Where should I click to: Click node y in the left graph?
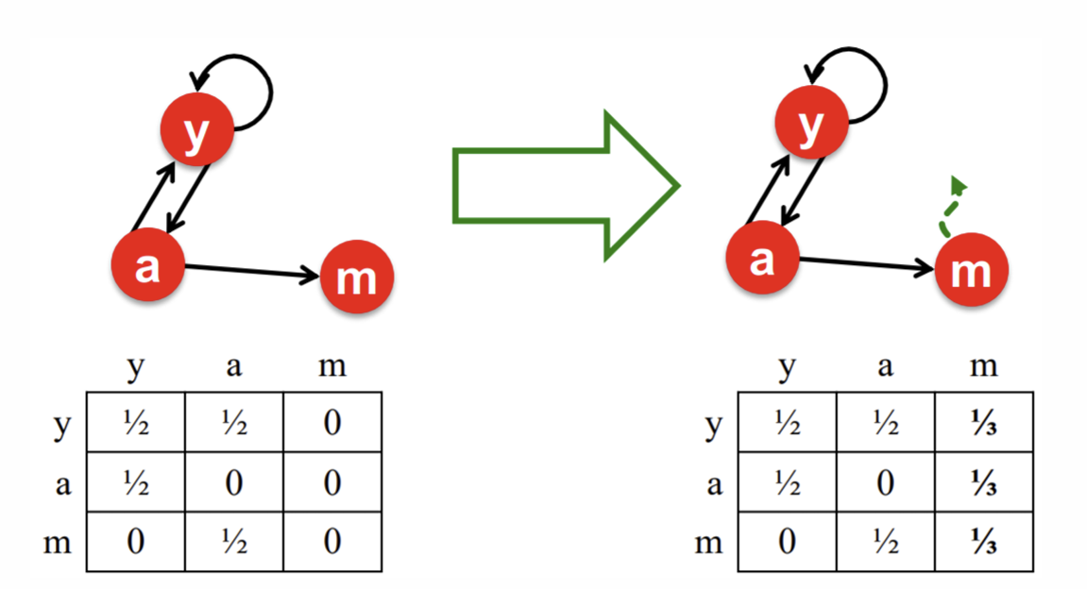click(195, 135)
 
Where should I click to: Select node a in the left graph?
click(147, 267)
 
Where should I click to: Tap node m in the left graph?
click(356, 278)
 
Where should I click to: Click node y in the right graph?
click(810, 129)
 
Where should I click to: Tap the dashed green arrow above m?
click(949, 204)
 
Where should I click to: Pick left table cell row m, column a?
click(234, 543)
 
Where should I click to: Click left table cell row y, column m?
click(332, 423)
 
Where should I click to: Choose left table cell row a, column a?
click(234, 483)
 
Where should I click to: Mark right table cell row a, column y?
click(787, 483)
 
